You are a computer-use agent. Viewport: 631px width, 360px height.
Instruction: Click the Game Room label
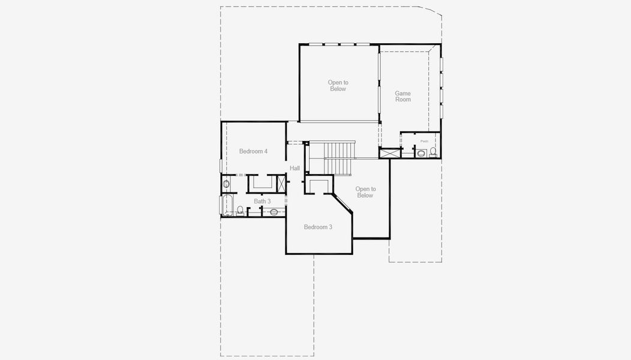click(402, 96)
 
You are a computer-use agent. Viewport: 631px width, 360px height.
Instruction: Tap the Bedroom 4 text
click(253, 151)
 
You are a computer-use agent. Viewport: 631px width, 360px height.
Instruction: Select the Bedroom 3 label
click(318, 227)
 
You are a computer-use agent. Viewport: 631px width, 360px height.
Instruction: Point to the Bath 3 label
click(262, 201)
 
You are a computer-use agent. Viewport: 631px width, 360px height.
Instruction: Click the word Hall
click(295, 169)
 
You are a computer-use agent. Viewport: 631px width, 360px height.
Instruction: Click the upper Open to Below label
click(338, 86)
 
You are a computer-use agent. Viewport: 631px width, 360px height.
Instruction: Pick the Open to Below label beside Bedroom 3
click(365, 192)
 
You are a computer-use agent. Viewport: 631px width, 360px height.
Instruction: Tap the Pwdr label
click(424, 141)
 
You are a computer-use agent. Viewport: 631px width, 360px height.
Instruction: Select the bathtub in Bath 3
click(227, 205)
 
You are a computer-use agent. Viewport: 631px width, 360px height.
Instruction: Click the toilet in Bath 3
click(240, 211)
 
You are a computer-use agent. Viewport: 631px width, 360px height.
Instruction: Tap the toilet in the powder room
click(433, 152)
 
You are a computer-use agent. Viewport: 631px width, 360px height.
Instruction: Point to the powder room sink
click(420, 153)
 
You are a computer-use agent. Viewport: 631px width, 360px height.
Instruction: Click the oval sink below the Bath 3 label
click(274, 211)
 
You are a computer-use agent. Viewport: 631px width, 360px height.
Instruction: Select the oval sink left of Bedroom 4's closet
click(226, 184)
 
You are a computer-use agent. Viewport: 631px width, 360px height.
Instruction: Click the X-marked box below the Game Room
click(390, 154)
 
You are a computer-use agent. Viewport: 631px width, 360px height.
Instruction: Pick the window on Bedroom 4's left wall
click(221, 165)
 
